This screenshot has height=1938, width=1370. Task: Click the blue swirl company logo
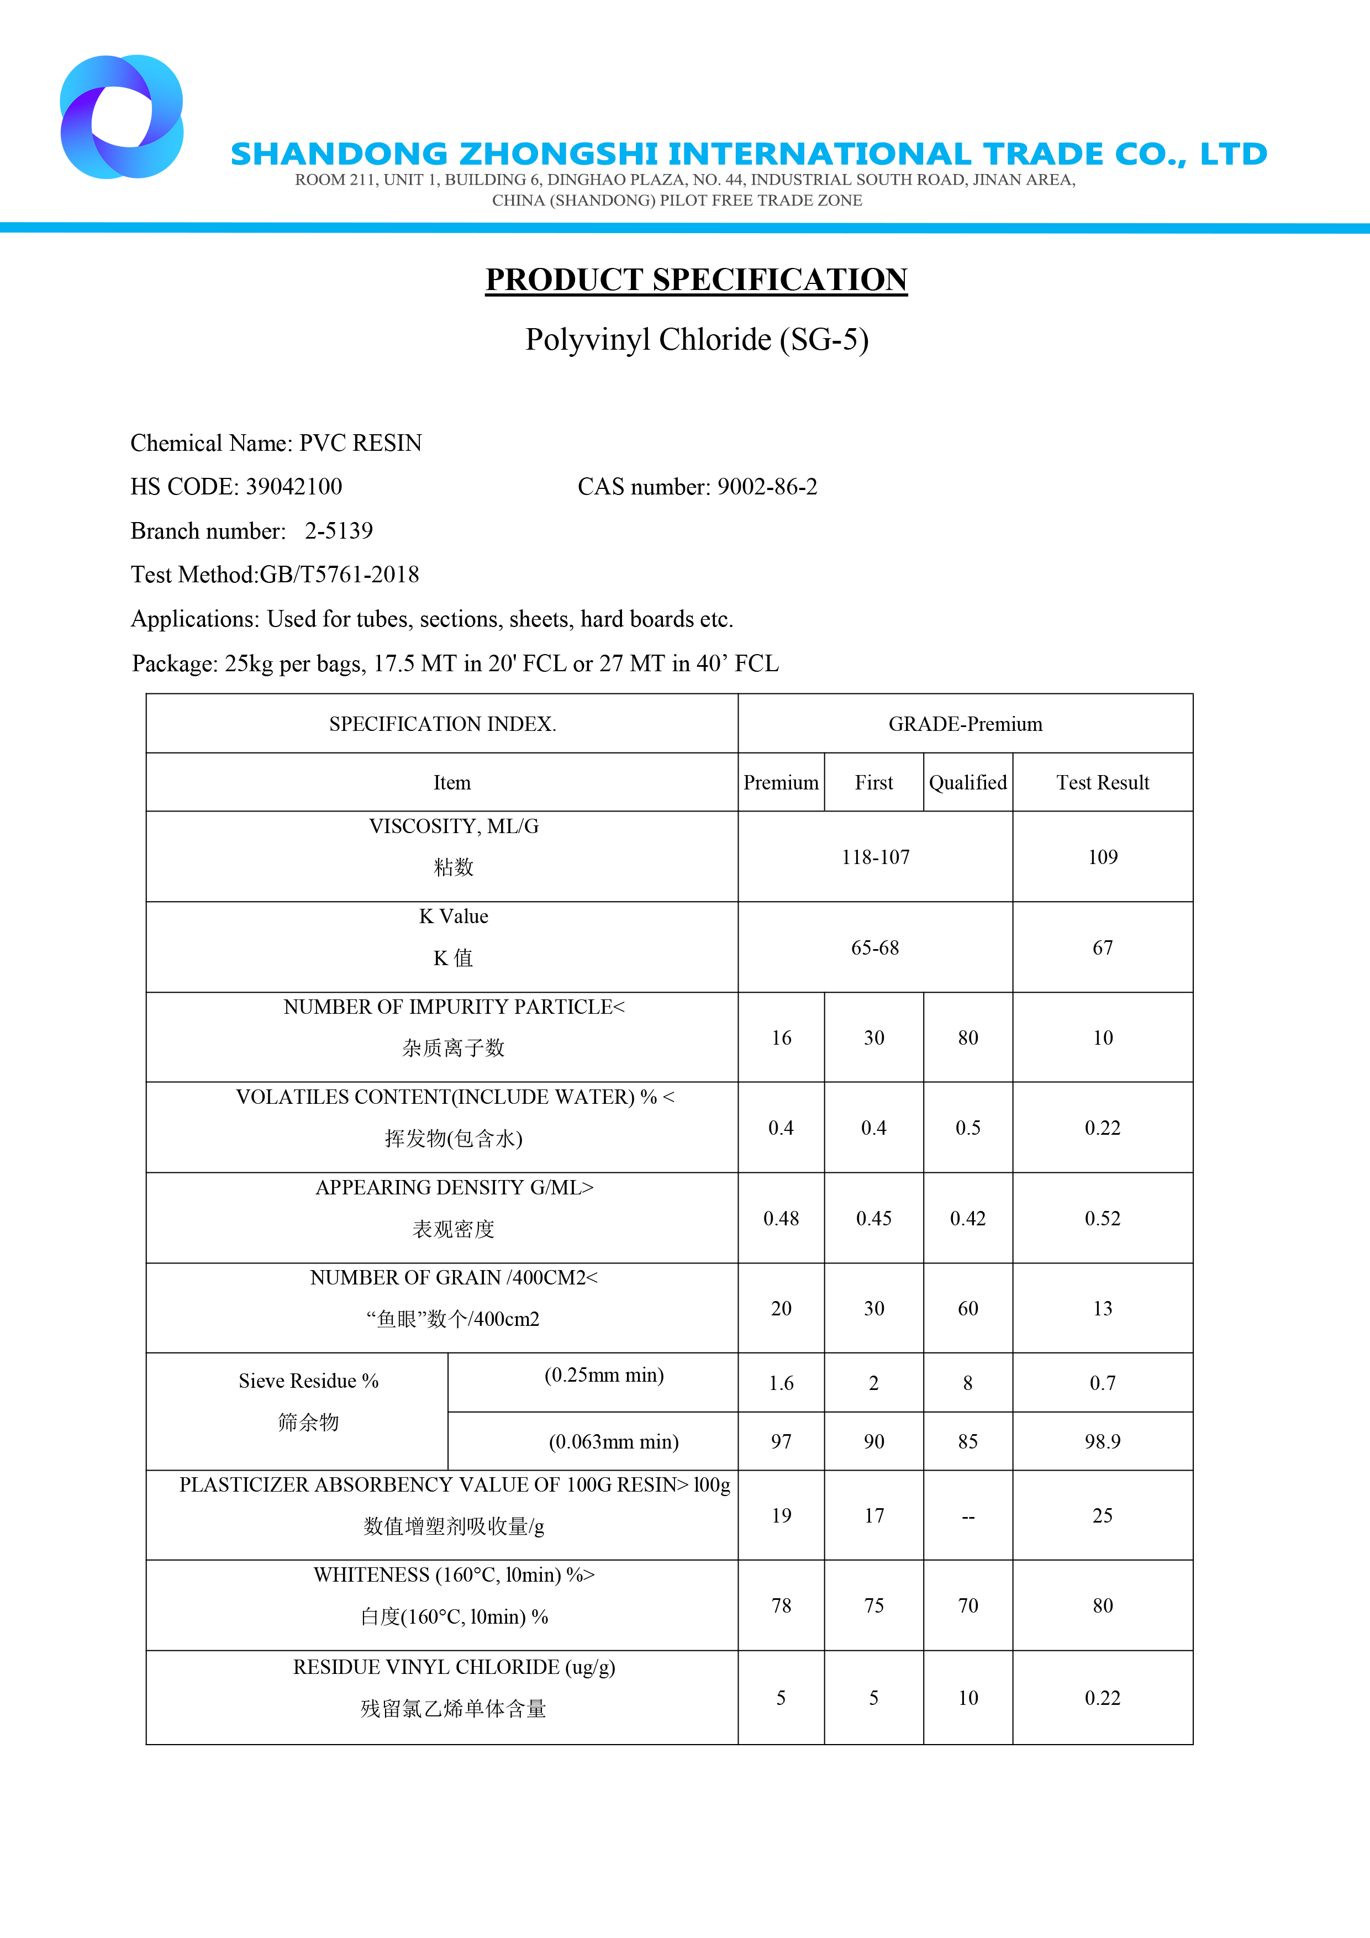[122, 117]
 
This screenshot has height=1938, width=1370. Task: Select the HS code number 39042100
[294, 487]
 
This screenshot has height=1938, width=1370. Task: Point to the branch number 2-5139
[339, 531]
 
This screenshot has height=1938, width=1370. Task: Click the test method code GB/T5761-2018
[339, 575]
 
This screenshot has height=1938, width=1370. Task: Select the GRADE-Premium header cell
[965, 724]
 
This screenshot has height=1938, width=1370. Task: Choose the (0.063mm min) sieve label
[614, 1442]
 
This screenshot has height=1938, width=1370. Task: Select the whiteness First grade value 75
[874, 1607]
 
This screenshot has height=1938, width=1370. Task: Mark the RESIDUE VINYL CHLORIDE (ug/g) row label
[454, 1668]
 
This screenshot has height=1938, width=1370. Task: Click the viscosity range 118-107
[876, 857]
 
